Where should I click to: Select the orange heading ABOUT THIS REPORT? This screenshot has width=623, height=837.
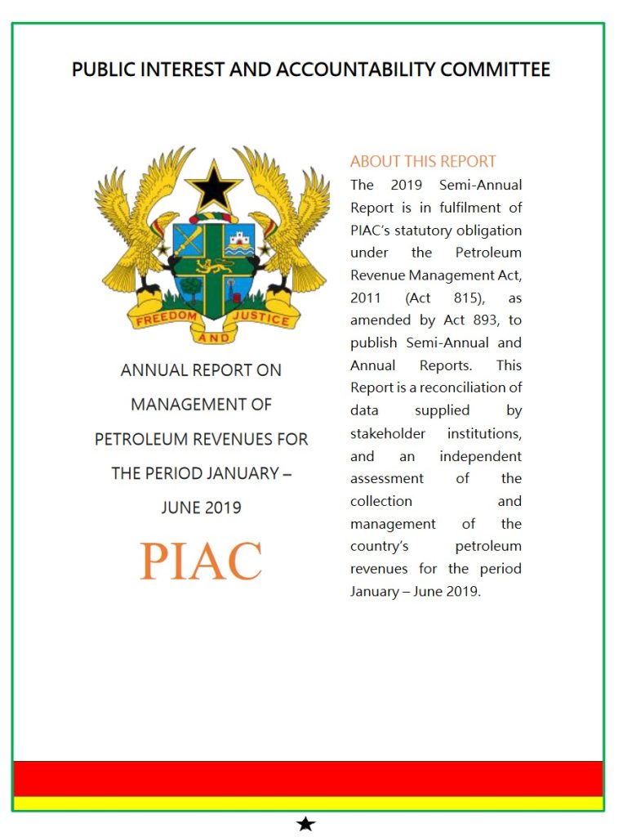tap(423, 162)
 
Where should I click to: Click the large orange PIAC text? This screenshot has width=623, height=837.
tap(201, 561)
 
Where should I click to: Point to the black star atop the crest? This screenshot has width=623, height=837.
tap(213, 187)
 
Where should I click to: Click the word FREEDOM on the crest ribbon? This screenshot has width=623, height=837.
tap(167, 317)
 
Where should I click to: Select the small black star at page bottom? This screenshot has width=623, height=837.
tap(305, 824)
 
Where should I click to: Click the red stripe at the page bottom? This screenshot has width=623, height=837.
tap(309, 778)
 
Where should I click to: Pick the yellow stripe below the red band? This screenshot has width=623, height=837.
tap(309, 803)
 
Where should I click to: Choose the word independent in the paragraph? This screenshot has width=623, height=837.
tap(480, 456)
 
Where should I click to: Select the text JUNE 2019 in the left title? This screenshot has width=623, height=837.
tap(201, 508)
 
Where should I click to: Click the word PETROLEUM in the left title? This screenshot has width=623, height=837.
tap(146, 439)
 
